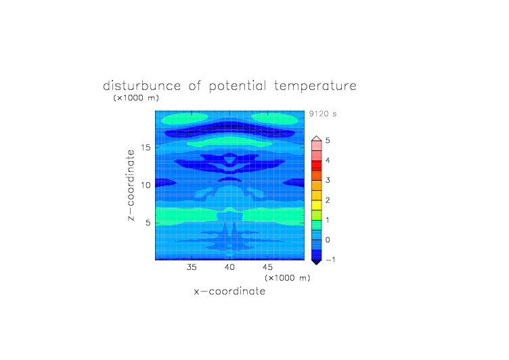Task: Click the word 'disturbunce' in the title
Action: pos(141,86)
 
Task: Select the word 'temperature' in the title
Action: pos(315,86)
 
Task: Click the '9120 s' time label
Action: pos(323,114)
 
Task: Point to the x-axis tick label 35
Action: pos(192,267)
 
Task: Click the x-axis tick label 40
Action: pos(229,267)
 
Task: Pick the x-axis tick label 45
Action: pos(267,267)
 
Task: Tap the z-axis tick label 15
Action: pos(146,148)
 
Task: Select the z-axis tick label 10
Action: pos(146,185)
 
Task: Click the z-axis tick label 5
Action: pos(148,223)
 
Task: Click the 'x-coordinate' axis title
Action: pos(229,291)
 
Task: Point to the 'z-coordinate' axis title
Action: pos(131,185)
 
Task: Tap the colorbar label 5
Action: pos(328,141)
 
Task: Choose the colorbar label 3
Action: pos(328,181)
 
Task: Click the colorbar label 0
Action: pos(328,240)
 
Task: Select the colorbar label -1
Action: pos(330,260)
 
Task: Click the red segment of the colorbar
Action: pos(317,166)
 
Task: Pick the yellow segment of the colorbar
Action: pos(317,205)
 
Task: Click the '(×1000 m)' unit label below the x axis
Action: pos(287,278)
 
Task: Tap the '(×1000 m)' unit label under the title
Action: pos(136,98)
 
